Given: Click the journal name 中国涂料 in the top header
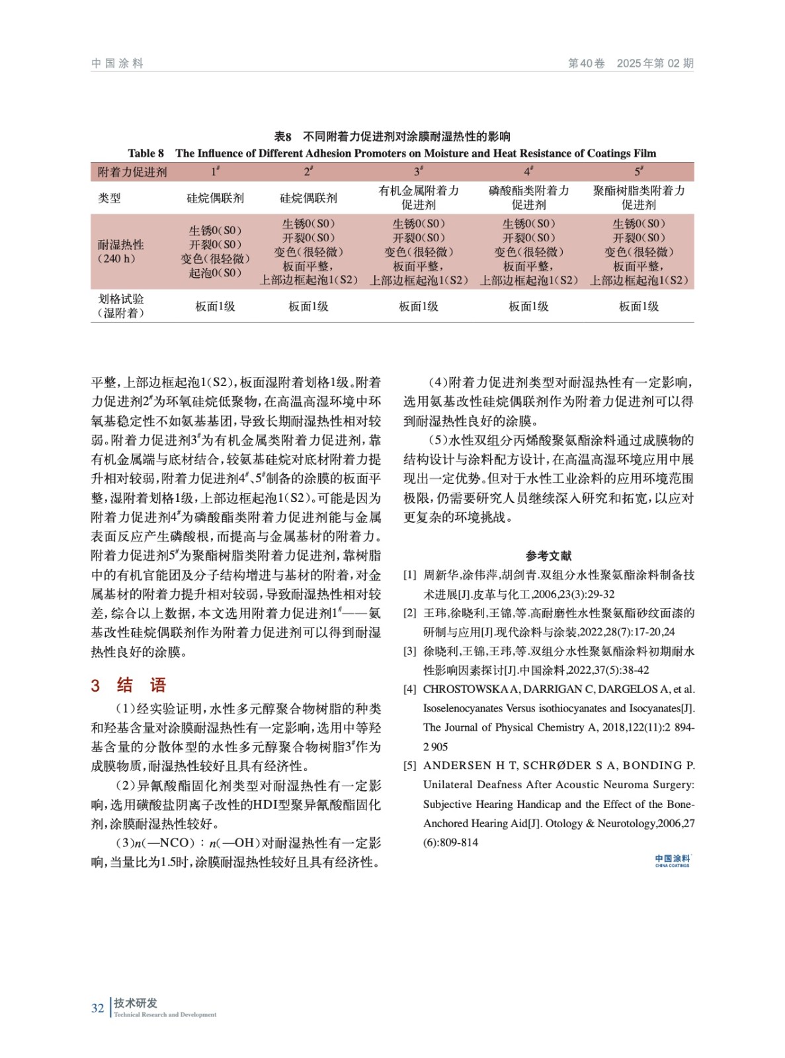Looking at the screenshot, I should (x=117, y=63).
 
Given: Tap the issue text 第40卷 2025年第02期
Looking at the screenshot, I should (x=630, y=63).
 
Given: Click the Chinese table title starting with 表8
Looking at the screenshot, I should (x=392, y=137).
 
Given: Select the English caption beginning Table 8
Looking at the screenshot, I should (x=392, y=153).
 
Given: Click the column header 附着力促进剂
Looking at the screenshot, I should (x=132, y=172).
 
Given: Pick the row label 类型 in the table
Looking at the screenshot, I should (x=110, y=198).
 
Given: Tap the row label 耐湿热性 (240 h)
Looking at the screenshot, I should (x=121, y=251).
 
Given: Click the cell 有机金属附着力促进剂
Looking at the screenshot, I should (x=419, y=198).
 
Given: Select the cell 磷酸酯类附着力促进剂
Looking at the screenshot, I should (x=528, y=198).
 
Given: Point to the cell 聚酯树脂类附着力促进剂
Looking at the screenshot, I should (x=638, y=198).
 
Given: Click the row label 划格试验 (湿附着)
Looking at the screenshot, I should (x=121, y=306).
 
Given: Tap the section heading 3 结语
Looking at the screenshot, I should (x=128, y=685).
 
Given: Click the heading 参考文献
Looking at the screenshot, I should (x=548, y=556).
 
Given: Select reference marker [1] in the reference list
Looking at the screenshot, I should (x=410, y=575).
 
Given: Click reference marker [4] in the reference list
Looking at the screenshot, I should (x=410, y=690).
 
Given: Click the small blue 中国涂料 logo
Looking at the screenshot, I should (x=672, y=860).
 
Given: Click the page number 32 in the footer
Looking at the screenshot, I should (x=97, y=1008).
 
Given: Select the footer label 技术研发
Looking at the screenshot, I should (x=136, y=1003).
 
